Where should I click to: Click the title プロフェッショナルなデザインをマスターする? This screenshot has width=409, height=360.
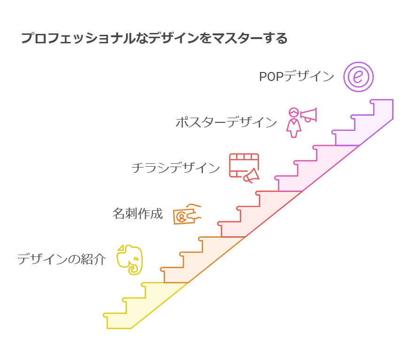pos(154,38)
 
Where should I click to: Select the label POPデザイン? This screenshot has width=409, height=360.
pos(296,77)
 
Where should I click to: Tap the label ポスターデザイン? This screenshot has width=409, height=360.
pos(226,122)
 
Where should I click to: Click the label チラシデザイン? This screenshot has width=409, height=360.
pos(175,168)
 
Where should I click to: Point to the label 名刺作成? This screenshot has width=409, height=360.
pos(138,214)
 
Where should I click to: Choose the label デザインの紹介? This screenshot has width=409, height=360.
pos(62,259)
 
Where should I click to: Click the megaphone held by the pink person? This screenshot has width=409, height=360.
pos(309,115)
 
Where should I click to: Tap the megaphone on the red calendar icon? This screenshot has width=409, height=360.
pos(251,176)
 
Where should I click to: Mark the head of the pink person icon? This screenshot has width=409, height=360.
pos(294,112)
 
